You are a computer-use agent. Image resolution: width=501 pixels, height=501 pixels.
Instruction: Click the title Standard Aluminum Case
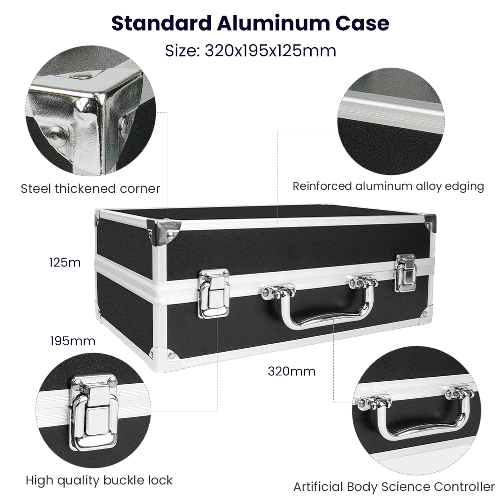click(x=250, y=23)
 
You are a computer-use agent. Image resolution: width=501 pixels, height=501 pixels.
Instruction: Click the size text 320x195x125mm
click(x=271, y=51)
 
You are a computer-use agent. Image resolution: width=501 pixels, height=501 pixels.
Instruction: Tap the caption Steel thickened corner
click(x=90, y=188)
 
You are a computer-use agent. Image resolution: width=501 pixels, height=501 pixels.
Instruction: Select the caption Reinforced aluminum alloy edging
click(x=388, y=186)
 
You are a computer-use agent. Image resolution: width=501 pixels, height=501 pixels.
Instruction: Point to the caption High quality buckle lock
click(x=99, y=480)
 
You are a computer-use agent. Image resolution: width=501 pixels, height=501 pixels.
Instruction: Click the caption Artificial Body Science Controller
click(x=394, y=486)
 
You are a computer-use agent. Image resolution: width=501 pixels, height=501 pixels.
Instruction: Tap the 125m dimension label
click(x=65, y=263)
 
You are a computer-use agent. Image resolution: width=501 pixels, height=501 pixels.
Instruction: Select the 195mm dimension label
click(x=73, y=341)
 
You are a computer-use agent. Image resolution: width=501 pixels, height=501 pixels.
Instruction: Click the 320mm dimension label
click(x=292, y=371)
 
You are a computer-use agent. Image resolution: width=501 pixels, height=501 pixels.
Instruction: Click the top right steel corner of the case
click(x=430, y=223)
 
